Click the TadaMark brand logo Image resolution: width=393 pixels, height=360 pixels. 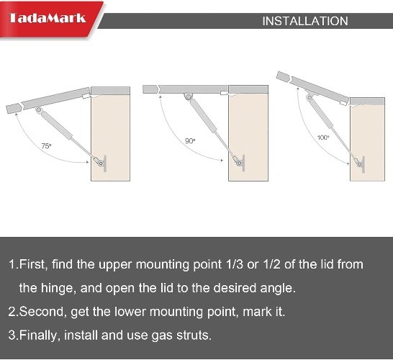47,18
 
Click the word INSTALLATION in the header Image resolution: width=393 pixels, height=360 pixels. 305,21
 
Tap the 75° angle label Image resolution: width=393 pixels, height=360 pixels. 46,146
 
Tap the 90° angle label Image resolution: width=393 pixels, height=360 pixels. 190,141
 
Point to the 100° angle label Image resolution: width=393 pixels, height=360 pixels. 323,138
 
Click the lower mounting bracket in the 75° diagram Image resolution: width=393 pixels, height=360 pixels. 102,163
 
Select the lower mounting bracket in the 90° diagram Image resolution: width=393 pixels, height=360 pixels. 241,163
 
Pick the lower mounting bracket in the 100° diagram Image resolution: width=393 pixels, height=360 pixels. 361,164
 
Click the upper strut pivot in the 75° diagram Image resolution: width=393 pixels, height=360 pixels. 39,110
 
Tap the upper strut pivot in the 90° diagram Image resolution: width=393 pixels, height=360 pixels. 188,96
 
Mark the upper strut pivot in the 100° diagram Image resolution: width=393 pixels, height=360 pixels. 310,97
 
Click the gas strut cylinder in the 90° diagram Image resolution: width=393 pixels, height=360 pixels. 203,116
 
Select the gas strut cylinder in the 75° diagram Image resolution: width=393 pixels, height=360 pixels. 57,125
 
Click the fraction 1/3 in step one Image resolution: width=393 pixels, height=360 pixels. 235,264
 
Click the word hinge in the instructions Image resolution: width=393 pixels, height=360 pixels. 58,288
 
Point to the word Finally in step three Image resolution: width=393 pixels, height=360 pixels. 40,336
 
